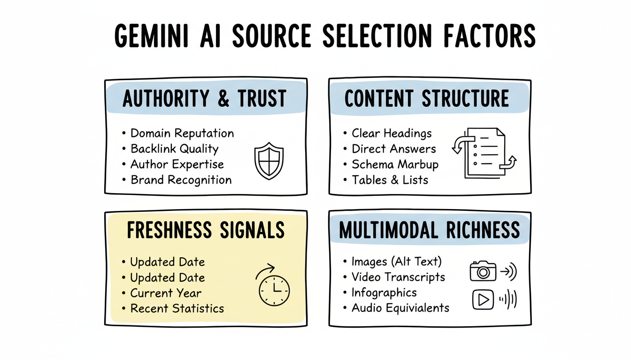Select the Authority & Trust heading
coord(205,99)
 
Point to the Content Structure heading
coord(427,99)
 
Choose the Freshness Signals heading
coord(205,230)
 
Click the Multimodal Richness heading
coord(429,230)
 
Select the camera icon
coord(483,271)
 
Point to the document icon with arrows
coord(484,152)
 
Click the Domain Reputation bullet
coord(182,133)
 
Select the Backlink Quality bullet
coord(174,149)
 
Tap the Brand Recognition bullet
coord(181,180)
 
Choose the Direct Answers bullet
coord(394,149)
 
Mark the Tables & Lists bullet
coord(390,180)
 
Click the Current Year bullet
coord(166,293)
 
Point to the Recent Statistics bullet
coord(177,308)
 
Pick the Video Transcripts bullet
coord(398,277)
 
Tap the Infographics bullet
coord(384,293)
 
